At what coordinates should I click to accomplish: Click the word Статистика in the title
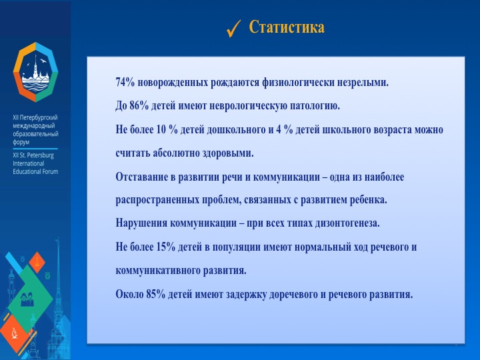(287, 27)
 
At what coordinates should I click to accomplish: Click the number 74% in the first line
(126, 83)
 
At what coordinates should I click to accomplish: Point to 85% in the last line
(157, 294)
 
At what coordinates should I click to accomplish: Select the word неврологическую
(253, 106)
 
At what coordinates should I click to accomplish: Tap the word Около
(129, 294)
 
